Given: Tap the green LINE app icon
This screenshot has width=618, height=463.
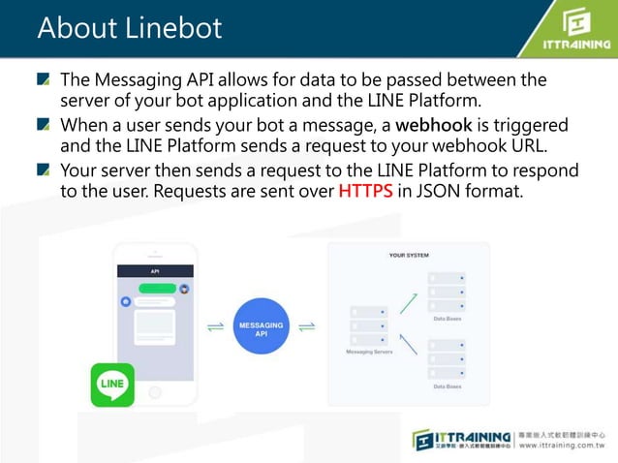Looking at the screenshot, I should [112, 385].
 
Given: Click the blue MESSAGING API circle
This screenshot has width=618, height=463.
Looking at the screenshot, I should [260, 328].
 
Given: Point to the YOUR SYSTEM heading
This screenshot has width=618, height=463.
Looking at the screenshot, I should [408, 255].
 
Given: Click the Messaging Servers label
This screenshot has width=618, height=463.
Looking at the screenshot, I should [368, 353].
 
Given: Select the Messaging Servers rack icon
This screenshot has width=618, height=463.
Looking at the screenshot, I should [368, 325].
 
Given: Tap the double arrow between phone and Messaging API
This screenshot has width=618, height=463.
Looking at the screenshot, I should [215, 327].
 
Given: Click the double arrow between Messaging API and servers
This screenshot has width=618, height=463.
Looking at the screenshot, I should [305, 327].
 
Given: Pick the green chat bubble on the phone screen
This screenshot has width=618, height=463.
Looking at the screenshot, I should [157, 288].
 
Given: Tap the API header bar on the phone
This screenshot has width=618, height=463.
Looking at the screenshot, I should [154, 271].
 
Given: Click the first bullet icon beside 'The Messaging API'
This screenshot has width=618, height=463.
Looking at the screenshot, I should [46, 79].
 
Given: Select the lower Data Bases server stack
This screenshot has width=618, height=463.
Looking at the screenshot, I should [447, 358].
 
